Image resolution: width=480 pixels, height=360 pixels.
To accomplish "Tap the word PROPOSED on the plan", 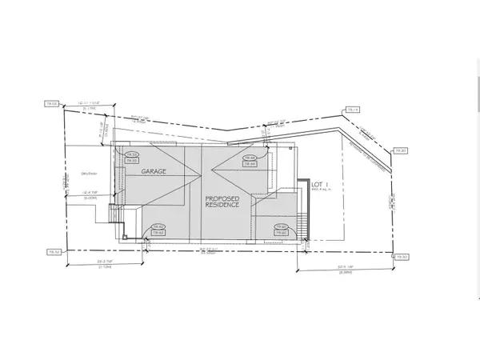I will pyautogui.click(x=223, y=198).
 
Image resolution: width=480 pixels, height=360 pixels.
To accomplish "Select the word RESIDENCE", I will pyautogui.click(x=223, y=205).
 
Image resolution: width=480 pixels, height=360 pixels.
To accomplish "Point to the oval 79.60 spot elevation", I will pyautogui.click(x=280, y=227).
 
